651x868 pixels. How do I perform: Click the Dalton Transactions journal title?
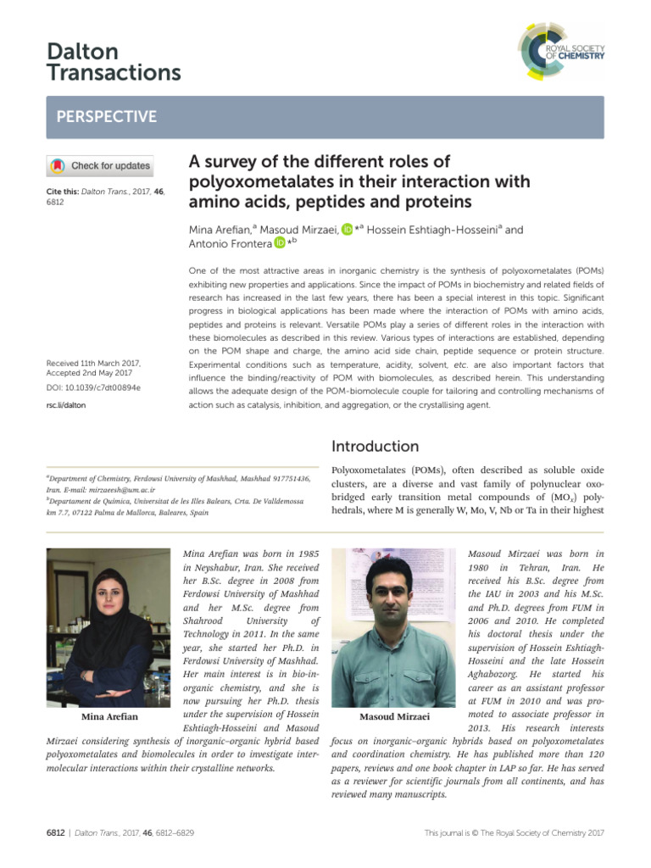point(114,63)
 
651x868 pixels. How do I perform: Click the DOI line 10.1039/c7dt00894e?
point(93,387)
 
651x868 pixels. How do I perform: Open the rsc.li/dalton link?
point(66,405)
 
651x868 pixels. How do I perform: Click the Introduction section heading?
point(375,446)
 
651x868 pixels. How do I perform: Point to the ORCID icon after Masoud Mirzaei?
point(347,229)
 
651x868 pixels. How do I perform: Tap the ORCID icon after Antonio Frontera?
point(280,244)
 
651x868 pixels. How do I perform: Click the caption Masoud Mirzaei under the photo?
point(394,717)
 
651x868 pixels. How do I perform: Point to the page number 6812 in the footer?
point(56,834)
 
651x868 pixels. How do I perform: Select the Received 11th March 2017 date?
point(93,364)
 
